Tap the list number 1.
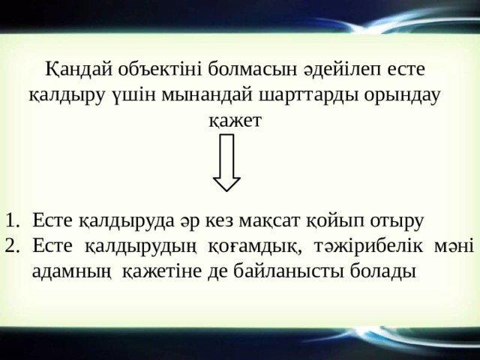pos(10,221)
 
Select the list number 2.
pos(10,245)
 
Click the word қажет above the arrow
pos(235,120)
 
